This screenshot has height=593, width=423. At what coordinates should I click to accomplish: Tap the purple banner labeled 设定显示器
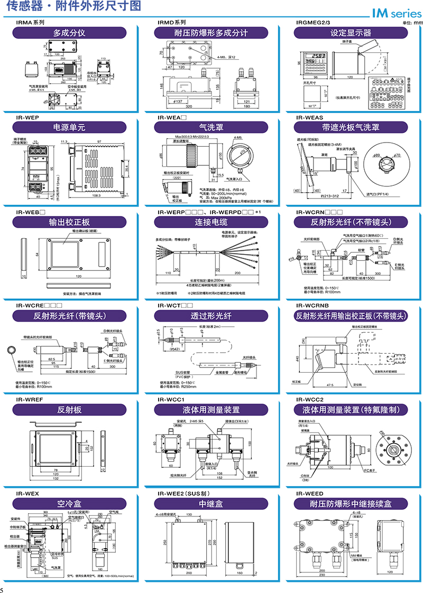pyautogui.click(x=351, y=33)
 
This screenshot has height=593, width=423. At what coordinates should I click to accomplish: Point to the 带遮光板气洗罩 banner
pyautogui.click(x=351, y=127)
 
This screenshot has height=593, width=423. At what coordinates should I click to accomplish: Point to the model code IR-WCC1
pyautogui.click(x=171, y=400)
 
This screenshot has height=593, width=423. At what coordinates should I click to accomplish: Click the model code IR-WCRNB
pyautogui.click(x=313, y=306)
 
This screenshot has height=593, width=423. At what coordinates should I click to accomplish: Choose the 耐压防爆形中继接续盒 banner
pyautogui.click(x=351, y=504)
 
